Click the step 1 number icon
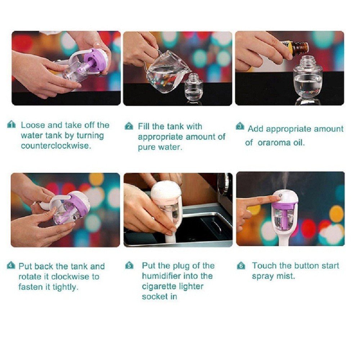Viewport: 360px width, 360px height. tap(12, 125)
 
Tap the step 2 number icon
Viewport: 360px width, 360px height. tap(129, 126)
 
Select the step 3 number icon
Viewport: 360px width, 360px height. tap(240, 126)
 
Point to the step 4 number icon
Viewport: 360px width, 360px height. tap(11, 266)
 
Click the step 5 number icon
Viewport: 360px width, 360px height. tap(129, 266)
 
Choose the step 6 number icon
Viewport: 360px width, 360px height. tap(241, 266)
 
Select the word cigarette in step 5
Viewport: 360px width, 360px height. tap(172, 287)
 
